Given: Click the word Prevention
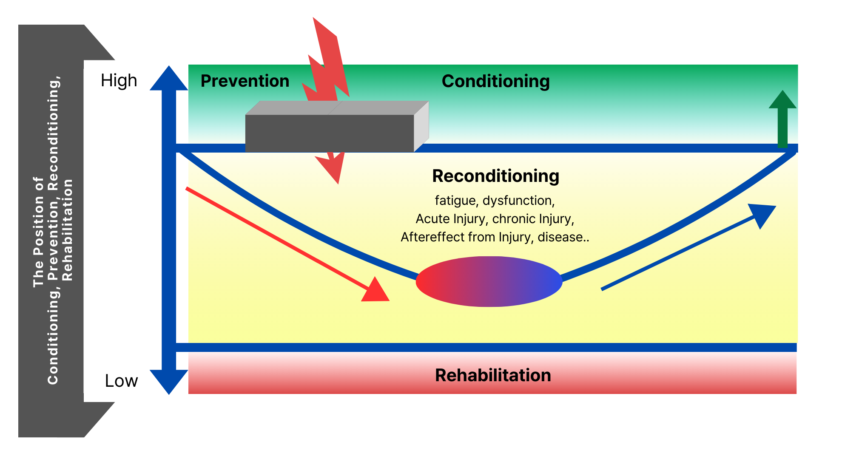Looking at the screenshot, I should point(245,81).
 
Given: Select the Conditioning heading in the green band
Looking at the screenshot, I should point(495,81).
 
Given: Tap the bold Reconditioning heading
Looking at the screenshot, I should point(495,176).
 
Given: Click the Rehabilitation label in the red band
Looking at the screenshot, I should point(493,375).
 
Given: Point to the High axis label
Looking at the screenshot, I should point(119,80).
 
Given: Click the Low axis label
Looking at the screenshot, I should point(121,381).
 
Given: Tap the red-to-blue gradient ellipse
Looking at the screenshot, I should point(489,281).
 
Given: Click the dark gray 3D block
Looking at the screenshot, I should point(330,133).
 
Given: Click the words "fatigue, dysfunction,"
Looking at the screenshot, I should point(495,200).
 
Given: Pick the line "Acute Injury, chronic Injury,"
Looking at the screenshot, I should point(495,218).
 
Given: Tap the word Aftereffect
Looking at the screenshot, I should point(432,237).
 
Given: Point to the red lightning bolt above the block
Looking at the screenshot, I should point(327,64).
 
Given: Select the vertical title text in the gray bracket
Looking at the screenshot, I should point(53,232).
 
